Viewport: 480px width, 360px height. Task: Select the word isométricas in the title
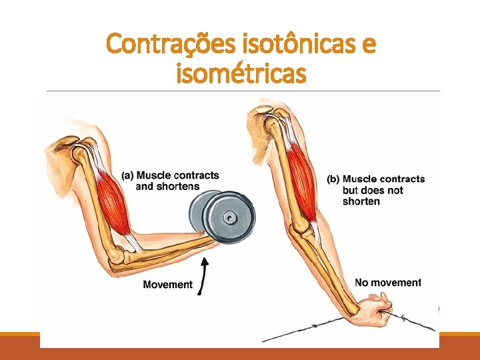(241, 73)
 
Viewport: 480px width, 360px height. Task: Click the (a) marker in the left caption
(127, 175)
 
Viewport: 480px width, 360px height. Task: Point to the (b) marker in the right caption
(333, 179)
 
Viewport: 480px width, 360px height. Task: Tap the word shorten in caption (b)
(361, 201)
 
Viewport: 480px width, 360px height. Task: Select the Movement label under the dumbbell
(167, 285)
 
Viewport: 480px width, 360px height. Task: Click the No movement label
(388, 283)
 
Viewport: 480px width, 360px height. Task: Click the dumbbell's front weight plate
(229, 217)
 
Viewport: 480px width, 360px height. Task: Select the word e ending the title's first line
(368, 45)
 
